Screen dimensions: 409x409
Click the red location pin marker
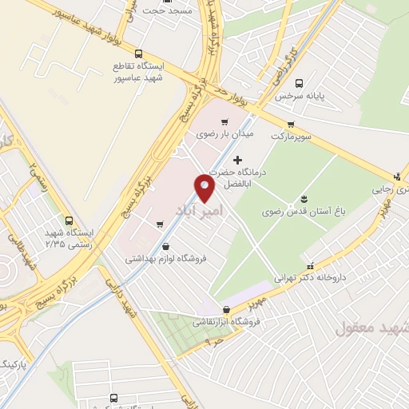coord(205,189)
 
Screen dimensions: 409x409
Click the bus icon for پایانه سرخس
coord(300,82)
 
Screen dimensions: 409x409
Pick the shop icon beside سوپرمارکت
coord(291,123)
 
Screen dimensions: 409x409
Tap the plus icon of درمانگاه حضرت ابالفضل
coord(237,161)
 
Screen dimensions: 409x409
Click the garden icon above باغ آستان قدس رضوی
coord(304,199)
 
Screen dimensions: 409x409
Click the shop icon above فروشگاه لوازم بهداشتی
coord(165,247)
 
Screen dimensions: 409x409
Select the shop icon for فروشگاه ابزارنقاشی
coord(227,309)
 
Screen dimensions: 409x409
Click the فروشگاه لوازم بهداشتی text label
coord(165,259)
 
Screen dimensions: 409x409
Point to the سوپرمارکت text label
coord(289,136)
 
